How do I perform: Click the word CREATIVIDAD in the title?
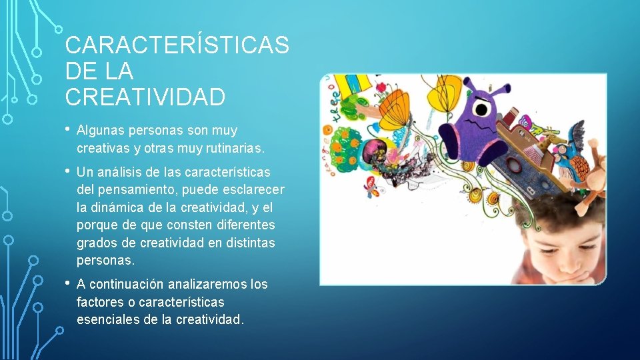pos(145,97)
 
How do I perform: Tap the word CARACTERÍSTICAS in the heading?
pos(177,45)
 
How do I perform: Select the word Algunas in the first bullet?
pos(101,130)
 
